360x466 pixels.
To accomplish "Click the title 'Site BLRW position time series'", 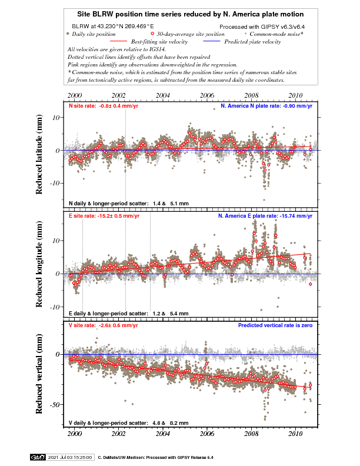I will point(190,14).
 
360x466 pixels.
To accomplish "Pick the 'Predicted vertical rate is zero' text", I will point(274,325).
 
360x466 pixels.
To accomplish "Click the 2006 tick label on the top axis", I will point(207,95).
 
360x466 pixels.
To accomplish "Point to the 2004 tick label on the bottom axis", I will point(163,434).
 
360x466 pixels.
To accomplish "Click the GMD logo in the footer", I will point(37,457).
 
